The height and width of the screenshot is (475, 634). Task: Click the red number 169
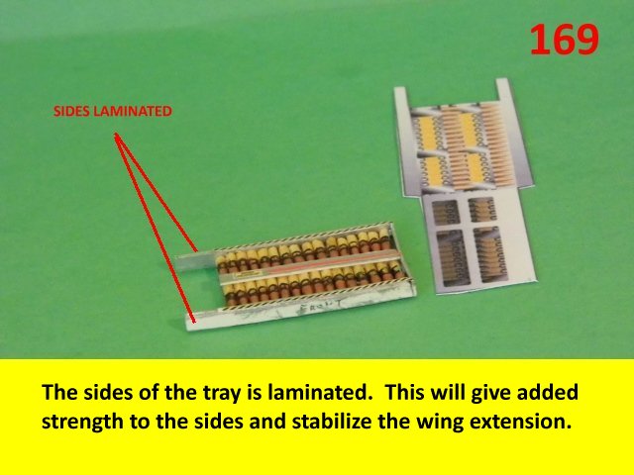point(564,40)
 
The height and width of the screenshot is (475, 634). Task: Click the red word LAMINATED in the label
point(133,112)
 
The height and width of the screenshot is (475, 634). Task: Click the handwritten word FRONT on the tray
point(321,308)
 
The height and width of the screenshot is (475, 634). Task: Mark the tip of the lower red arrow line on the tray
point(195,323)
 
